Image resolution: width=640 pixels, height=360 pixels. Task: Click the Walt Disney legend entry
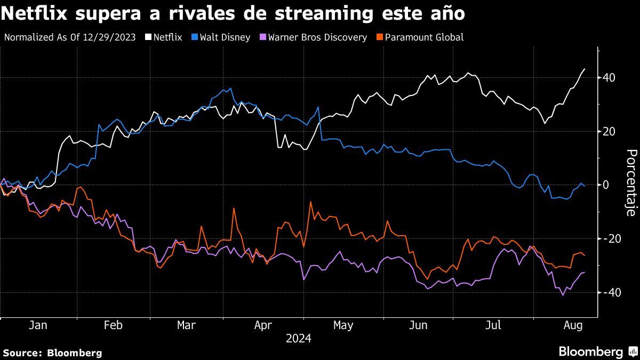(x=225, y=37)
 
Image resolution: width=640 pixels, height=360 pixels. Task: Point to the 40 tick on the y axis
(x=609, y=78)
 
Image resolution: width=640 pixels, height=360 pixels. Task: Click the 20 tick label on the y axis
(x=609, y=132)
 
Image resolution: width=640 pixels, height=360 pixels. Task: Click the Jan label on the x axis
(x=38, y=325)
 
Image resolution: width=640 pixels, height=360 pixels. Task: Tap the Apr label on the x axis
(x=263, y=325)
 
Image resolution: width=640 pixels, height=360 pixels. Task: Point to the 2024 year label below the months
(x=298, y=339)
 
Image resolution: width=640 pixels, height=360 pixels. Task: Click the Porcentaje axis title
(x=630, y=183)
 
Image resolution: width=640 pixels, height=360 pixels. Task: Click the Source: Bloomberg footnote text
(x=52, y=353)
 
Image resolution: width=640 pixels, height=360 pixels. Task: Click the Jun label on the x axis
(x=419, y=325)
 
